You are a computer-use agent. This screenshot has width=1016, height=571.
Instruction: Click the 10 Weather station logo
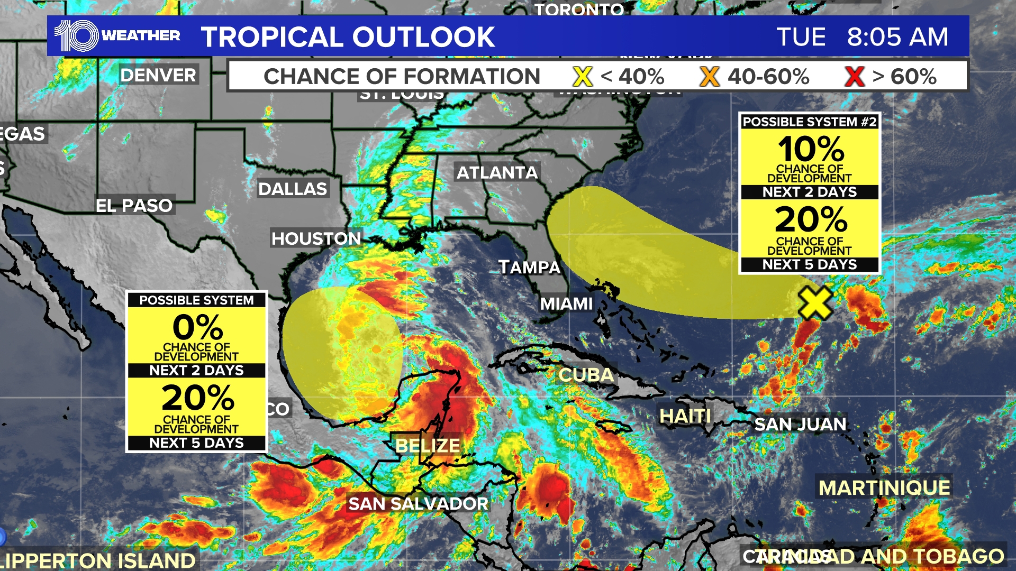click(x=117, y=36)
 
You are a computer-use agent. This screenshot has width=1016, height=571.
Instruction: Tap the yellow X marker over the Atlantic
click(x=815, y=303)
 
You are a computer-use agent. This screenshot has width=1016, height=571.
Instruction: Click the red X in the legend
click(x=854, y=77)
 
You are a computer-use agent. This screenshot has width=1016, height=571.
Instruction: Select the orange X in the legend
click(x=709, y=77)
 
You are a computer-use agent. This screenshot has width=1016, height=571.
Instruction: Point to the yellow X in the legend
click(x=582, y=77)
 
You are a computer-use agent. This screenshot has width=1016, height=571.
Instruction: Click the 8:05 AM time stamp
click(x=897, y=37)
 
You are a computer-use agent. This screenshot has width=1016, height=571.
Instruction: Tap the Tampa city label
click(x=529, y=267)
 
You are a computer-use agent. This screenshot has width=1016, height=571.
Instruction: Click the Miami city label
click(x=566, y=303)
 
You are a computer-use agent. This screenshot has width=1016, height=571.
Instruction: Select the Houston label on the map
click(x=316, y=238)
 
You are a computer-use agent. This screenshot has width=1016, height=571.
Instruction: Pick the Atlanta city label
click(x=497, y=172)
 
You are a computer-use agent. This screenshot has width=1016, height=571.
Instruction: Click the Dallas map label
click(x=293, y=189)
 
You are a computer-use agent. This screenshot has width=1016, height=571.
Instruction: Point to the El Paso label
click(x=134, y=205)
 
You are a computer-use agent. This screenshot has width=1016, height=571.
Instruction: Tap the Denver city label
click(x=158, y=75)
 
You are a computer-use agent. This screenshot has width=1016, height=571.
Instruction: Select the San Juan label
click(x=800, y=424)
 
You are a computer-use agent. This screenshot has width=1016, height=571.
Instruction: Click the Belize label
click(x=428, y=446)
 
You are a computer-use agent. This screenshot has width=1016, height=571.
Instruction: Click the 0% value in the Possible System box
click(x=197, y=327)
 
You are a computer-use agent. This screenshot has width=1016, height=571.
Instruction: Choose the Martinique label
click(x=884, y=487)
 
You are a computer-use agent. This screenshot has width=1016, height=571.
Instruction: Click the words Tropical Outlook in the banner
click(x=348, y=37)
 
